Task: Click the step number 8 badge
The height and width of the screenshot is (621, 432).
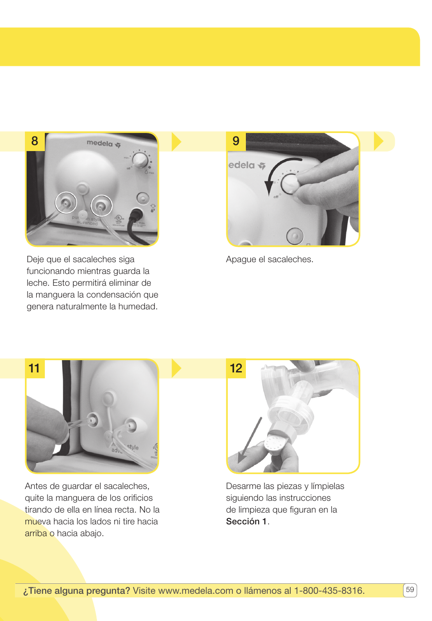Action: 35,141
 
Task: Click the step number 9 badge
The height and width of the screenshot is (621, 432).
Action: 236,141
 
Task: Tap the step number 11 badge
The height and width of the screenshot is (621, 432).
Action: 34,368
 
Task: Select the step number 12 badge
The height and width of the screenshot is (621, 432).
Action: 236,368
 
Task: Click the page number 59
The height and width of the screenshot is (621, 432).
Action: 410,590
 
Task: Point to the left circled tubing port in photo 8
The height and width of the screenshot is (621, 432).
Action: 66,202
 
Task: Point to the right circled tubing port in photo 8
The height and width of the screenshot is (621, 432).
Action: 101,206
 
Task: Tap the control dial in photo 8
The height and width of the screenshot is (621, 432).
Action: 139,160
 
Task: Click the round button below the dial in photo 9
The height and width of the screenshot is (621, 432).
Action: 295,235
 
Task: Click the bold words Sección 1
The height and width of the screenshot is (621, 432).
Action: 246,522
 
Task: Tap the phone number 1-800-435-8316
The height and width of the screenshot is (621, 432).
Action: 329,591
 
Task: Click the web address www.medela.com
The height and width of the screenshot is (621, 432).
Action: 196,591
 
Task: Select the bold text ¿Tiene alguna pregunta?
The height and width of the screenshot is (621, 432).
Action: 77,591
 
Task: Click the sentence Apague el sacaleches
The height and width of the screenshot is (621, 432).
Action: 269,259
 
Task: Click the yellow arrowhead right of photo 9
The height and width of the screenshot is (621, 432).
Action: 379,141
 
